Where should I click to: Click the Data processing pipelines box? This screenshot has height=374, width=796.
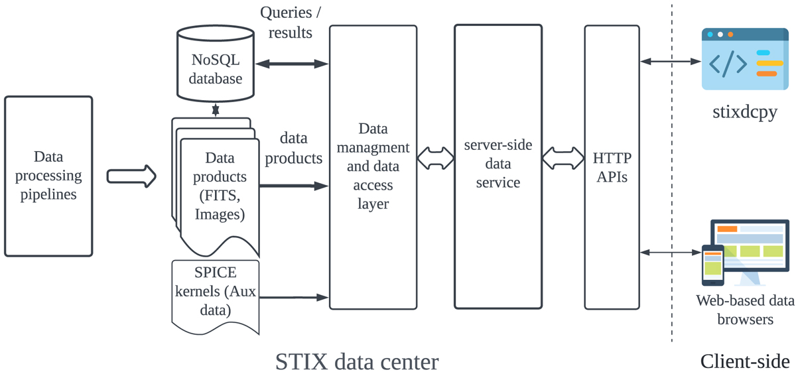48,176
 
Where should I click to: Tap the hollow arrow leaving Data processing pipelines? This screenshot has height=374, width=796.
131,176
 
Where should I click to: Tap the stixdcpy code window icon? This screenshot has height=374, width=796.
745,59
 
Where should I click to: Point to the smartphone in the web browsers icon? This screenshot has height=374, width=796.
713,264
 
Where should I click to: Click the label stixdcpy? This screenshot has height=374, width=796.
744,112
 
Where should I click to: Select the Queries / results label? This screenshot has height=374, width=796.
286,23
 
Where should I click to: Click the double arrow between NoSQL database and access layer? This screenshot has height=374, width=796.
292,64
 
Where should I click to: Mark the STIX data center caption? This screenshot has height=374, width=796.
357,361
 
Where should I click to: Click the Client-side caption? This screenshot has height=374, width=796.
744,361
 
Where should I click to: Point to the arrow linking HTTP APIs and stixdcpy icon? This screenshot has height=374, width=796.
671,62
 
